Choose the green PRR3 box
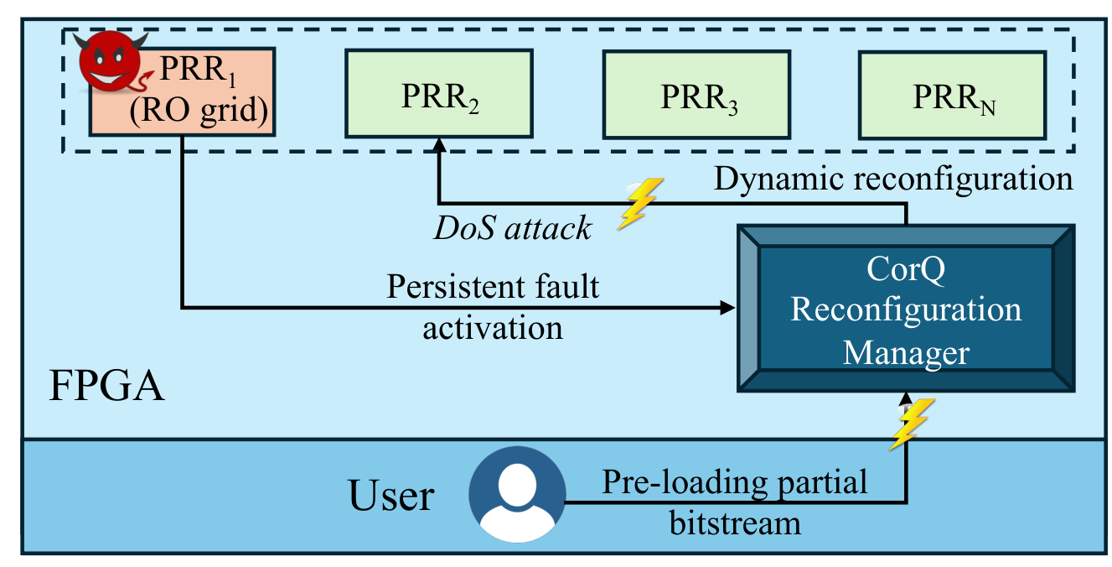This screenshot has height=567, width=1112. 697,95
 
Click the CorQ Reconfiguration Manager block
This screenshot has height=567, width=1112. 906,309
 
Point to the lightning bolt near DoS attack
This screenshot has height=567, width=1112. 639,203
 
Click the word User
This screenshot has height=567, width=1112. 391,496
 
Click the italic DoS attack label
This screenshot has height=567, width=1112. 511,228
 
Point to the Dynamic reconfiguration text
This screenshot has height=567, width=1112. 893,179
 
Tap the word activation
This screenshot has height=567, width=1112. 493,327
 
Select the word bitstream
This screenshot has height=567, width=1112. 735,523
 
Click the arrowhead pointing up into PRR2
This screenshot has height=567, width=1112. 438,144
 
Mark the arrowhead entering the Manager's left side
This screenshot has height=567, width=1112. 728,308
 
